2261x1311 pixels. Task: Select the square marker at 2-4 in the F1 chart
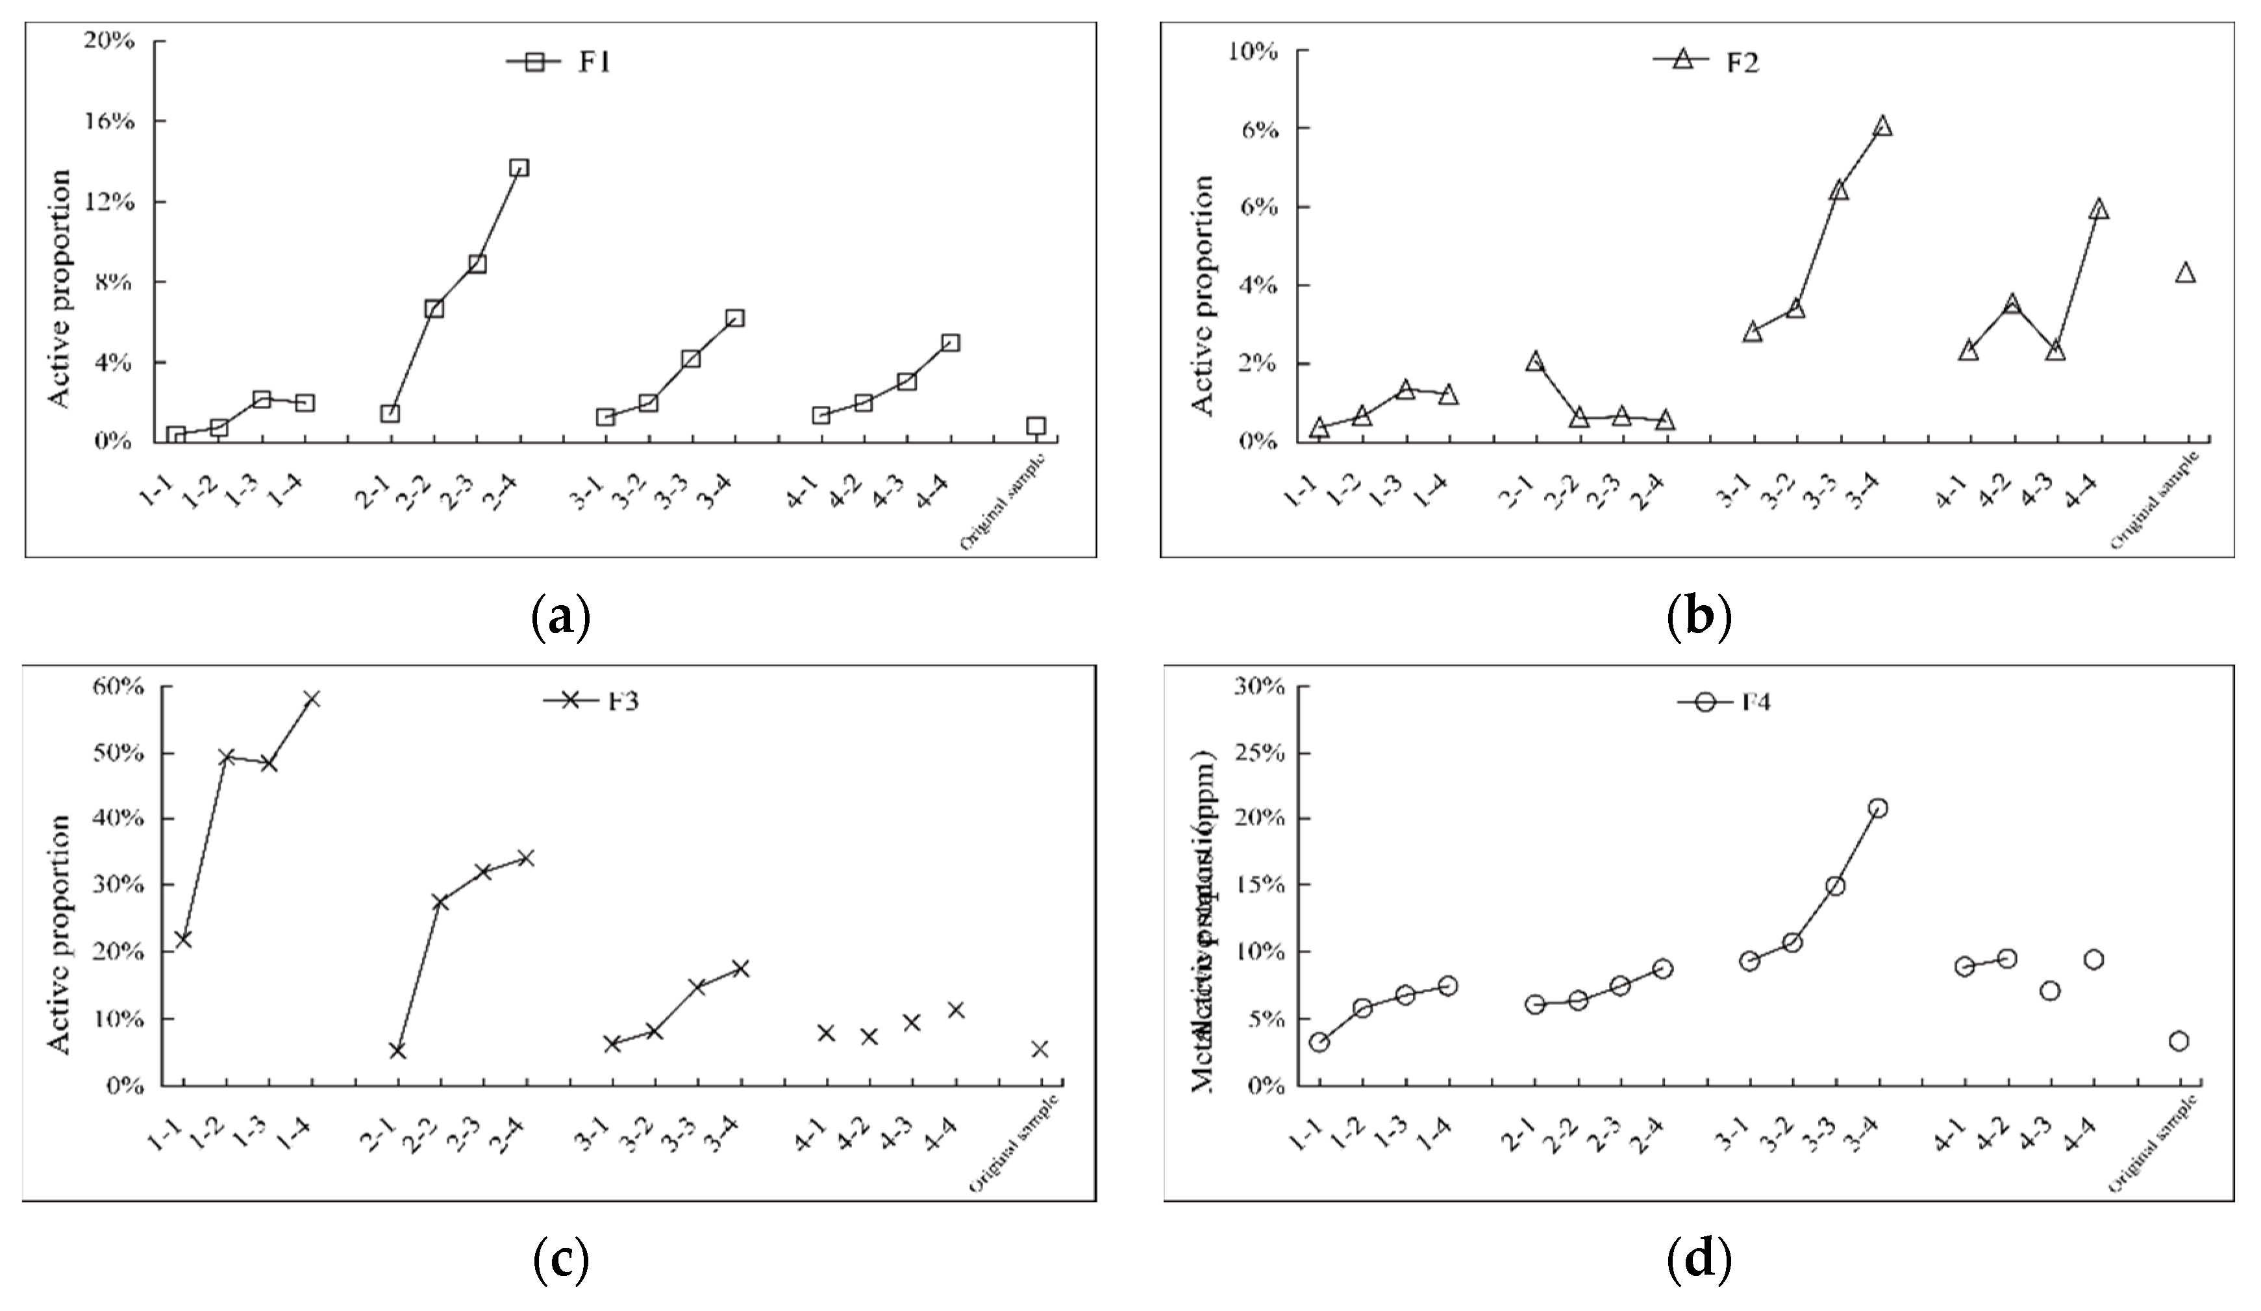(x=519, y=168)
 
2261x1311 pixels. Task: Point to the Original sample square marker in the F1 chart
(x=1036, y=425)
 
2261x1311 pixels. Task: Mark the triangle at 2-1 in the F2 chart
(x=1535, y=362)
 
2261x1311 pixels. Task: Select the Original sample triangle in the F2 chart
(x=2186, y=273)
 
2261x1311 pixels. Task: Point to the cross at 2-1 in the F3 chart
(x=397, y=1050)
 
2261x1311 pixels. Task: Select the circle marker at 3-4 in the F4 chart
(x=1878, y=808)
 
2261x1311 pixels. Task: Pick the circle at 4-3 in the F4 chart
(x=2049, y=991)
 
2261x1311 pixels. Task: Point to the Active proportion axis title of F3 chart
(x=58, y=933)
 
